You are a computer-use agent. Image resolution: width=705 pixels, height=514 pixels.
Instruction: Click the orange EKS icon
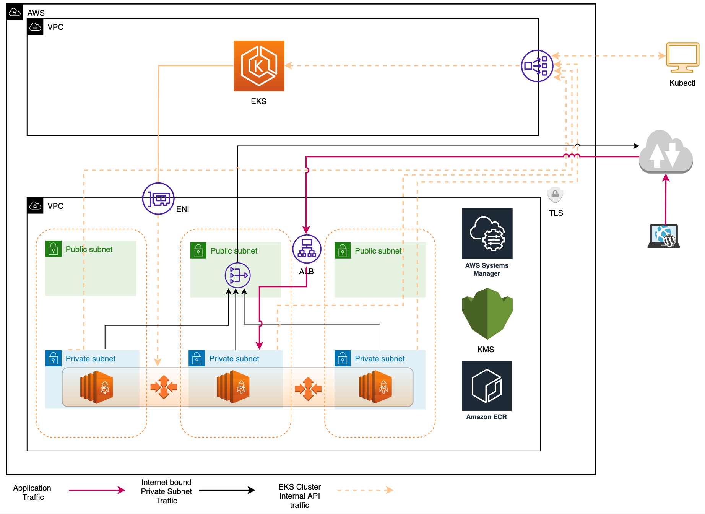[259, 66]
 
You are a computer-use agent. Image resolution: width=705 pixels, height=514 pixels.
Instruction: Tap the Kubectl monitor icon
[682, 57]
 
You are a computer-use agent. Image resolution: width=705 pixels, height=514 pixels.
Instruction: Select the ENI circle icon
[158, 198]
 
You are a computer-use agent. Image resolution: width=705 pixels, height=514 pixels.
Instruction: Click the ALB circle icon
[307, 249]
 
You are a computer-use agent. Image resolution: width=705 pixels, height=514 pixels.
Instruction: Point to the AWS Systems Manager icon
[487, 234]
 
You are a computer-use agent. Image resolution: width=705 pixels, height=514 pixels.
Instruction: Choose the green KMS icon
[487, 314]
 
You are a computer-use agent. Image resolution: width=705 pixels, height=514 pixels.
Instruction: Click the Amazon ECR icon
[487, 386]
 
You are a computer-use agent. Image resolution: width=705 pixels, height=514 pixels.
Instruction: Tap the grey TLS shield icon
[555, 195]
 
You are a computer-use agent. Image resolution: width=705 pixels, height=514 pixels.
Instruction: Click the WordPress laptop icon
[664, 236]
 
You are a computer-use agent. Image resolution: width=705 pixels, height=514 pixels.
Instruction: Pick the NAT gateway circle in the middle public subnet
[237, 275]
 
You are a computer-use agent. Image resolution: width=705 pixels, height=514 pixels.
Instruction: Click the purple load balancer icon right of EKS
[537, 66]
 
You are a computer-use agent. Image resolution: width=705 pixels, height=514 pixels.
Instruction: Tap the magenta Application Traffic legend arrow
[97, 490]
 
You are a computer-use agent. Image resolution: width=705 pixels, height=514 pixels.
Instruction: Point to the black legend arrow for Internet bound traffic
[227, 490]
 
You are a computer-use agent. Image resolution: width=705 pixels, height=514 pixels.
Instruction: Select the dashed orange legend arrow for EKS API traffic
[365, 490]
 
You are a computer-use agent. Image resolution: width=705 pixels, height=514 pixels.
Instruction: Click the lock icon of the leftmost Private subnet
[54, 358]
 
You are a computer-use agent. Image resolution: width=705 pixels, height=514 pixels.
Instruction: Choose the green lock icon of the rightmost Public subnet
[343, 250]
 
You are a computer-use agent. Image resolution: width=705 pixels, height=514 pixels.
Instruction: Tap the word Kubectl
[682, 83]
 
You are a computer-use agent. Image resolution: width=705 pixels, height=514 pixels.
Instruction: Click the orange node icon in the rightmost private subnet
[375, 387]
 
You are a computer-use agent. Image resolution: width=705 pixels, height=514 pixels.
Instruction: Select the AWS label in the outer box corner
[36, 13]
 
